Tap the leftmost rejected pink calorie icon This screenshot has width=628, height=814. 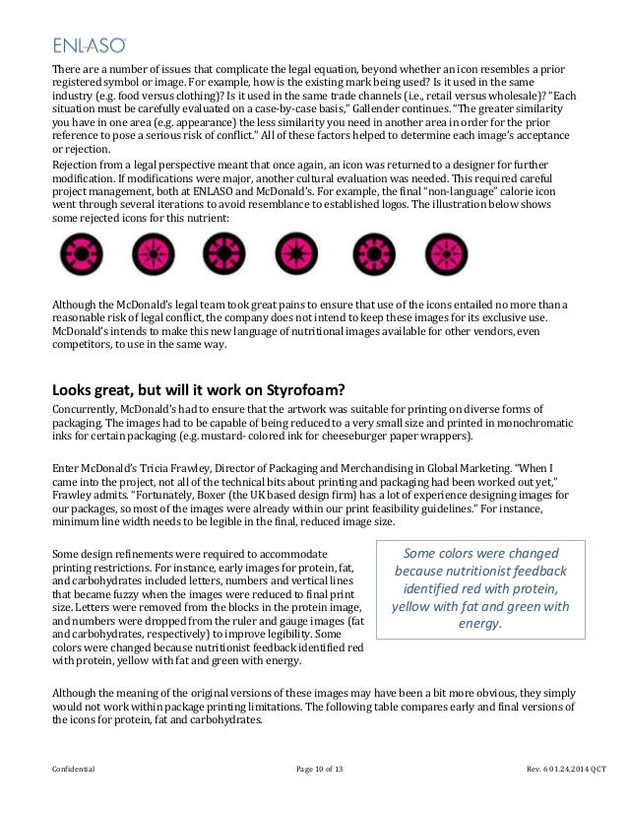[x=72, y=249]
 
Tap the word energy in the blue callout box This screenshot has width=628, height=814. [x=479, y=623]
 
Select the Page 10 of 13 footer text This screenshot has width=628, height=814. [x=313, y=767]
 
